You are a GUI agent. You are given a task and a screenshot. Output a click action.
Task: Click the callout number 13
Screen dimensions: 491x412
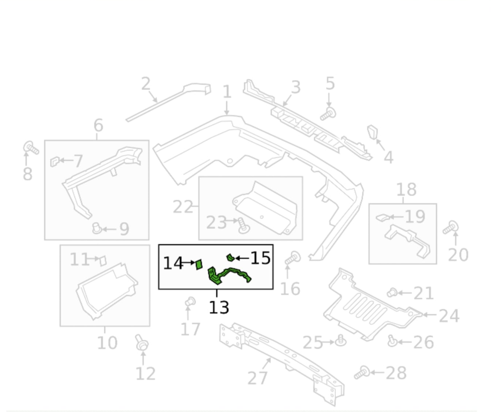click(x=219, y=307)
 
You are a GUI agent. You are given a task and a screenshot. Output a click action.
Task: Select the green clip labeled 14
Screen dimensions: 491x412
click(x=199, y=264)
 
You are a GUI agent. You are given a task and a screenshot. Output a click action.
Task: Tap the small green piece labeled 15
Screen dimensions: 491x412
click(x=230, y=257)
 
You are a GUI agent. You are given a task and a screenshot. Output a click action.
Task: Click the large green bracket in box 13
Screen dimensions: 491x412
click(x=228, y=275)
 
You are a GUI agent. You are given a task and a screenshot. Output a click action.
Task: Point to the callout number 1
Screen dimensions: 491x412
click(x=227, y=92)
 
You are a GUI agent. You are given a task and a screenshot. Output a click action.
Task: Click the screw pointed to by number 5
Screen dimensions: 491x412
click(x=328, y=114)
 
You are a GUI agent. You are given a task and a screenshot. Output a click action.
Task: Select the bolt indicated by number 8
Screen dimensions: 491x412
click(x=31, y=148)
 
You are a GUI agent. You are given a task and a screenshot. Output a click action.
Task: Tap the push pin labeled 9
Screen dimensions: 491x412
click(x=97, y=228)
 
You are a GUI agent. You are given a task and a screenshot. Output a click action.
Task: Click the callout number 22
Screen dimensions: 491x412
click(x=183, y=207)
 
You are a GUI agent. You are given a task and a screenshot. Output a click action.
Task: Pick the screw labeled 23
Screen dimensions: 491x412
click(x=244, y=225)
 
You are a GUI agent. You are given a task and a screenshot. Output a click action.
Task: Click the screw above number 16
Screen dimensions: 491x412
click(x=292, y=258)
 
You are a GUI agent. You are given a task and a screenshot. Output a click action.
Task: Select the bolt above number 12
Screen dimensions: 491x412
click(x=142, y=343)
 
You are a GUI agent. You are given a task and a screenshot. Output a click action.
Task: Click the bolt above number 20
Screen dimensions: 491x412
click(x=450, y=228)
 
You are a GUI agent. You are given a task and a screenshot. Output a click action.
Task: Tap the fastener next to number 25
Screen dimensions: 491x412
click(x=341, y=340)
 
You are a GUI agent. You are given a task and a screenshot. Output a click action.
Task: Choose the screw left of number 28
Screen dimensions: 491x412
click(x=362, y=372)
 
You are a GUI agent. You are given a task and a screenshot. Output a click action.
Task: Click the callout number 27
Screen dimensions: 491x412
click(x=258, y=378)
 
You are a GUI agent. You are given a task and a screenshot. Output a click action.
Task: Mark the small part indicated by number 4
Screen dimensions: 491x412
click(x=372, y=132)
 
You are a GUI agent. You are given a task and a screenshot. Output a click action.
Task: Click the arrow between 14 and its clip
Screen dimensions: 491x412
click(x=188, y=262)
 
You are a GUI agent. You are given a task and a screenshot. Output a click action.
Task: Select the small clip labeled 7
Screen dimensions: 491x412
click(x=55, y=161)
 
